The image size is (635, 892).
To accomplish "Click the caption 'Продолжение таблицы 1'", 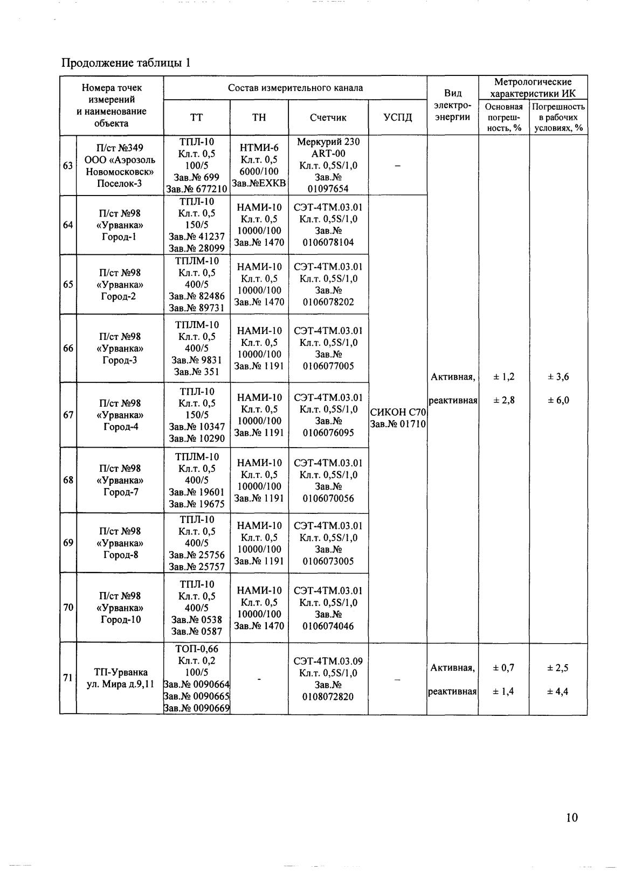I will point(126,63).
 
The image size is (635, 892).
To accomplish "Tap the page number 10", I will point(572,817).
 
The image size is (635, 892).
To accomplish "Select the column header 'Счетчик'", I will point(328,117).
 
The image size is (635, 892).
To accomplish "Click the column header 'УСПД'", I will point(397,117).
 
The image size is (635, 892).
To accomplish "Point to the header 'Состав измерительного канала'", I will point(295,88).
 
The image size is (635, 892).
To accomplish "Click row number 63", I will point(68,165).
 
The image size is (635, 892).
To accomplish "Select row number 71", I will point(68,678).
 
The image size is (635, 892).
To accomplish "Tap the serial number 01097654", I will point(328,189).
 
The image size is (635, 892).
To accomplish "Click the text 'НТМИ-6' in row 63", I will point(259,148).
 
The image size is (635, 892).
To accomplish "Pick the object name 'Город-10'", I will point(120,619).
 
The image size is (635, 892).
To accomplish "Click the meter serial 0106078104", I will point(328,242).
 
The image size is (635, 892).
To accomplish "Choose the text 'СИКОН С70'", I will point(398,412).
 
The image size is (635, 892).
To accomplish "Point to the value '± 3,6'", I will point(558,377).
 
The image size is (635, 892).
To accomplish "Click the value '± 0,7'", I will point(503,668).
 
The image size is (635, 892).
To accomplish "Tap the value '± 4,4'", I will point(558,692).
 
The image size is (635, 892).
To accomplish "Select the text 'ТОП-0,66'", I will point(197,649).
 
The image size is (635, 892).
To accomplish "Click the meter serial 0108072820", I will point(328,696).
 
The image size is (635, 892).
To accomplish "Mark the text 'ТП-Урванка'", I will point(120,672).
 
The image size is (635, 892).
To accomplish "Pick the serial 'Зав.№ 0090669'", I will point(197,708).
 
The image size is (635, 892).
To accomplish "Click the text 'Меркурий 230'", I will point(328,142).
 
